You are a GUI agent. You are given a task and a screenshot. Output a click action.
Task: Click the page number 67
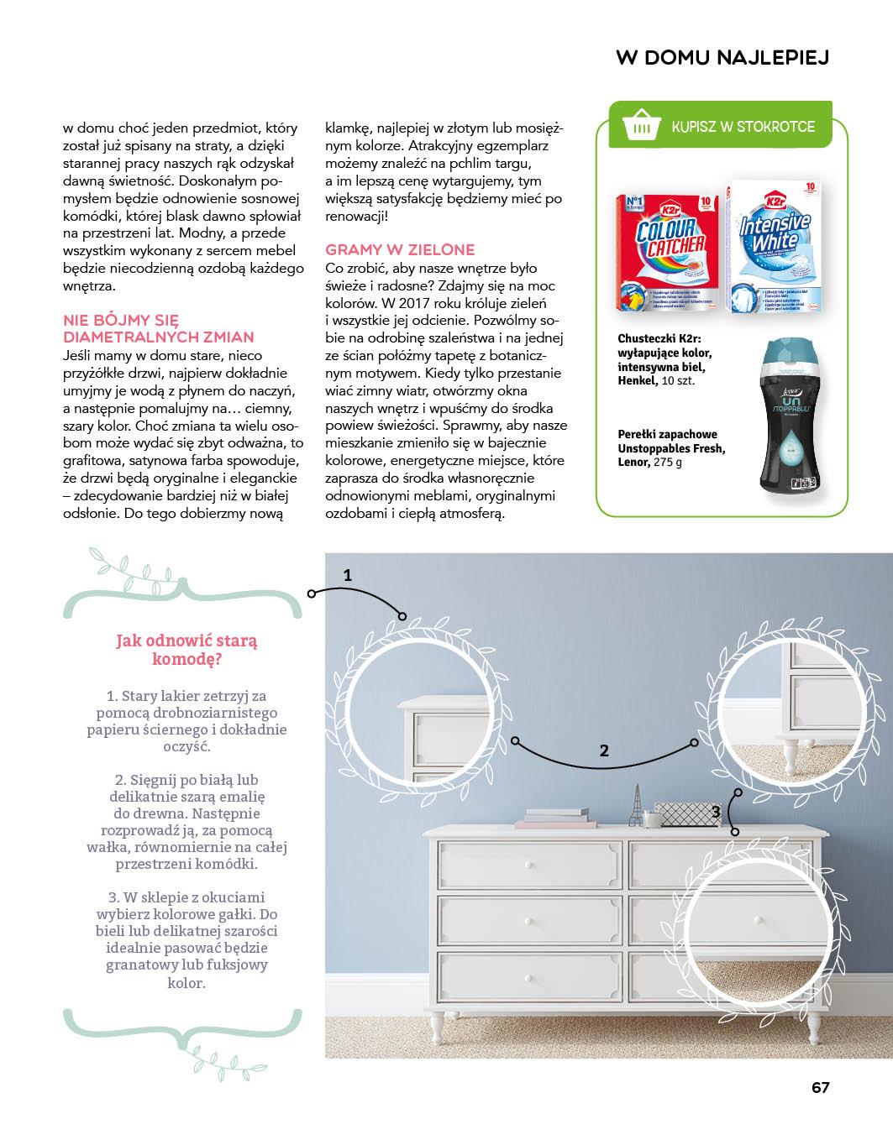[x=820, y=1087]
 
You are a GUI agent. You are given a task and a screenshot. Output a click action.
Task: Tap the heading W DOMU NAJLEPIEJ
[x=722, y=57]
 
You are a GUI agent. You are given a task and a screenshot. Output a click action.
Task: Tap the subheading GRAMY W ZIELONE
[x=400, y=249]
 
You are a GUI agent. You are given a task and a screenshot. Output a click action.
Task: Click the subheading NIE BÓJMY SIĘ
[x=121, y=320]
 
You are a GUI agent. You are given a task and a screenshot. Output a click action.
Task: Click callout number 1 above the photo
[x=348, y=575]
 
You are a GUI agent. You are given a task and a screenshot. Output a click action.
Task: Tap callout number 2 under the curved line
[x=603, y=750]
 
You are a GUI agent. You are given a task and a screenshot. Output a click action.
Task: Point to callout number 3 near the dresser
[x=716, y=812]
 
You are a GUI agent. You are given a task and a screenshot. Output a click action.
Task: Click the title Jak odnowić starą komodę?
[x=187, y=650]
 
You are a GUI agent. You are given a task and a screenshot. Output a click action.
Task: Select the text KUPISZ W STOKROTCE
[x=743, y=127]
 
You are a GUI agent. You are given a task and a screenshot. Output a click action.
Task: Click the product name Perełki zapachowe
[x=667, y=434]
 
